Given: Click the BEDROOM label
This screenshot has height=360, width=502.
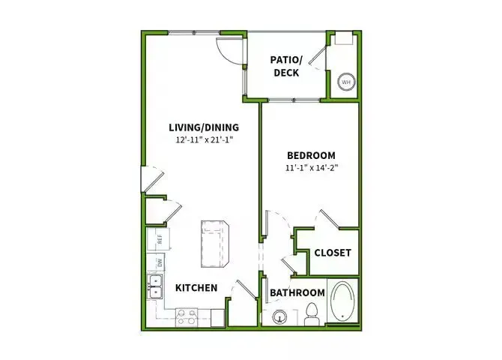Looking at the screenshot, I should pyautogui.click(x=310, y=154).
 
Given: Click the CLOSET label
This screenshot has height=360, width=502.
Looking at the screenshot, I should pyautogui.click(x=333, y=253).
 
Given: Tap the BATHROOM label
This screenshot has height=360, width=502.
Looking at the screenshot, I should pyautogui.click(x=297, y=292).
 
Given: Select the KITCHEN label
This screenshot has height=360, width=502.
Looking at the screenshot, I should pyautogui.click(x=196, y=288).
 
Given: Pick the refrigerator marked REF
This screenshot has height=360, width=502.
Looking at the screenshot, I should pyautogui.click(x=159, y=239).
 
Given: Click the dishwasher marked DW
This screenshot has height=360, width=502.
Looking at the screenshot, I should pyautogui.click(x=159, y=262).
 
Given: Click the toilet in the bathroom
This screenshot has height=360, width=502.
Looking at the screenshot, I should pyautogui.click(x=312, y=316).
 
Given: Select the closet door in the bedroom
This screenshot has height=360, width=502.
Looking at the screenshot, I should pyautogui.click(x=330, y=219).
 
